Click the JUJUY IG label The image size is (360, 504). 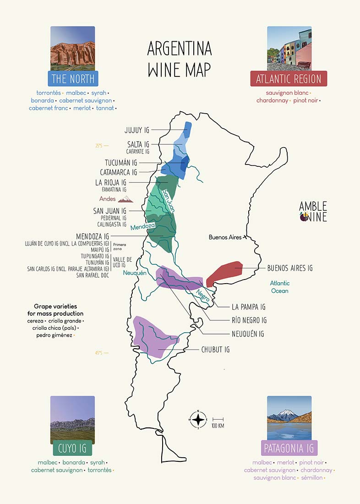click(136, 130)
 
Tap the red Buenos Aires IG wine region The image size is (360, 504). click(224, 273)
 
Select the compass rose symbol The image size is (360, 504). click(198, 419)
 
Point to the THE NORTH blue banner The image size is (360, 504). click(73, 79)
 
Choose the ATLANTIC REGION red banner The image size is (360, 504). click(289, 79)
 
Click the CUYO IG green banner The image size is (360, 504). click(73, 448)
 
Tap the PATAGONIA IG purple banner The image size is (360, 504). click(289, 448)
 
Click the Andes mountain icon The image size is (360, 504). click(125, 199)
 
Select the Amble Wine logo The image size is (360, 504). click(313, 211)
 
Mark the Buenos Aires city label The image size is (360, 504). click(225, 237)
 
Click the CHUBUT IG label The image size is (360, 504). click(215, 350)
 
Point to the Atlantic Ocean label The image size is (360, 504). click(279, 287)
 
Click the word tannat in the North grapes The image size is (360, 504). click(105, 108)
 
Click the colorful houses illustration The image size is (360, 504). click(289, 48)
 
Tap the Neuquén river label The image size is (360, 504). click(134, 273)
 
